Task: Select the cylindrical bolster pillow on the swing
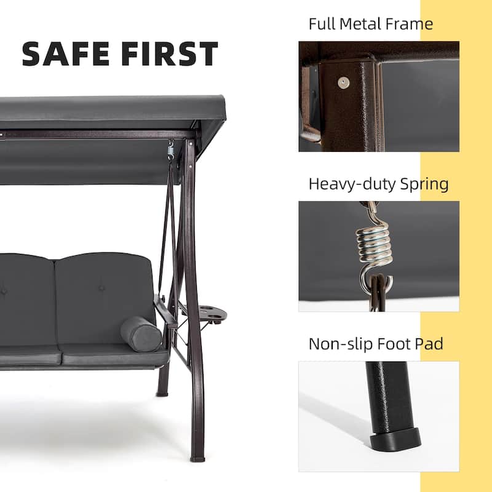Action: [x=141, y=334]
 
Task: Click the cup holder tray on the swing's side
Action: [x=210, y=314]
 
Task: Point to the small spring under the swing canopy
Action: [x=171, y=149]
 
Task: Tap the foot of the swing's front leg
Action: [x=197, y=458]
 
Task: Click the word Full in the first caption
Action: [x=322, y=24]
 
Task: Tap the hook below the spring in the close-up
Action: [x=370, y=284]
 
